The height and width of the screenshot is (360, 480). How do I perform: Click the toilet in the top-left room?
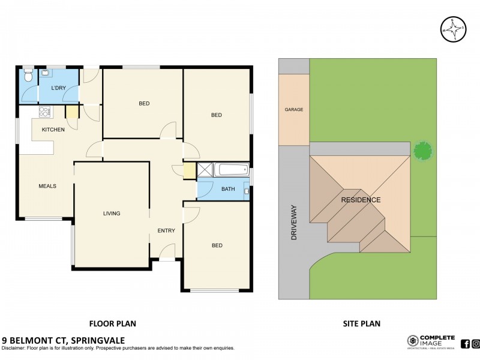click(x=28, y=77)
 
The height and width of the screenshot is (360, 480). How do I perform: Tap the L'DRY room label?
click(x=58, y=88)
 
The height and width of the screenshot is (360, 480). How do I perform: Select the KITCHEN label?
click(x=53, y=130)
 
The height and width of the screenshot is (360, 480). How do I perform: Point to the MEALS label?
click(x=47, y=186)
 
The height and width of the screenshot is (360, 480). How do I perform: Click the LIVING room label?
click(x=112, y=213)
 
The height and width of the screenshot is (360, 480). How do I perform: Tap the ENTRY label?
click(x=166, y=231)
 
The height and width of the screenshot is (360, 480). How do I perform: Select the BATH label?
click(x=228, y=190)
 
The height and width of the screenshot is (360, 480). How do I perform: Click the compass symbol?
click(x=454, y=29)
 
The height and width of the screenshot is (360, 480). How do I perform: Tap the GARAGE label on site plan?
click(x=294, y=110)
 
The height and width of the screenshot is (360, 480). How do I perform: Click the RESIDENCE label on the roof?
click(x=360, y=200)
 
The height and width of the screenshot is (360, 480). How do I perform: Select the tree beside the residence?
click(x=422, y=151)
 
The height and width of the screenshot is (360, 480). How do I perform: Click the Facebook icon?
click(x=465, y=344)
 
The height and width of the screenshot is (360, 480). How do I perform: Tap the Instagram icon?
click(x=475, y=344)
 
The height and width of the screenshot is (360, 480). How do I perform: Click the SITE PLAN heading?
click(x=361, y=323)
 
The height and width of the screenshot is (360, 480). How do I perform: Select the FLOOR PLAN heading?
click(x=112, y=323)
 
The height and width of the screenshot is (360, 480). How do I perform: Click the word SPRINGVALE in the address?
click(x=99, y=339)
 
